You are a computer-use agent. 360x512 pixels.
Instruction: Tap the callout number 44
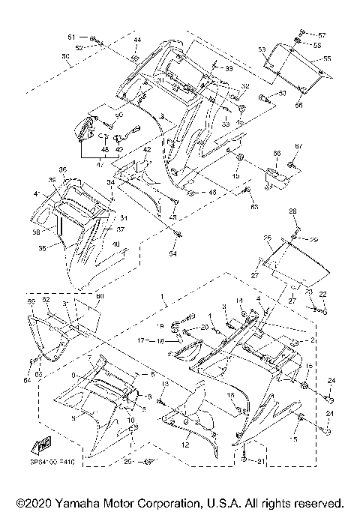136,39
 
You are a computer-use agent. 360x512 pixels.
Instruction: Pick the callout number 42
147,151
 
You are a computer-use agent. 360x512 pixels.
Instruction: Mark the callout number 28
292,211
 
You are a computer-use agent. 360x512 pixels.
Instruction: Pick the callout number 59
31,301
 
